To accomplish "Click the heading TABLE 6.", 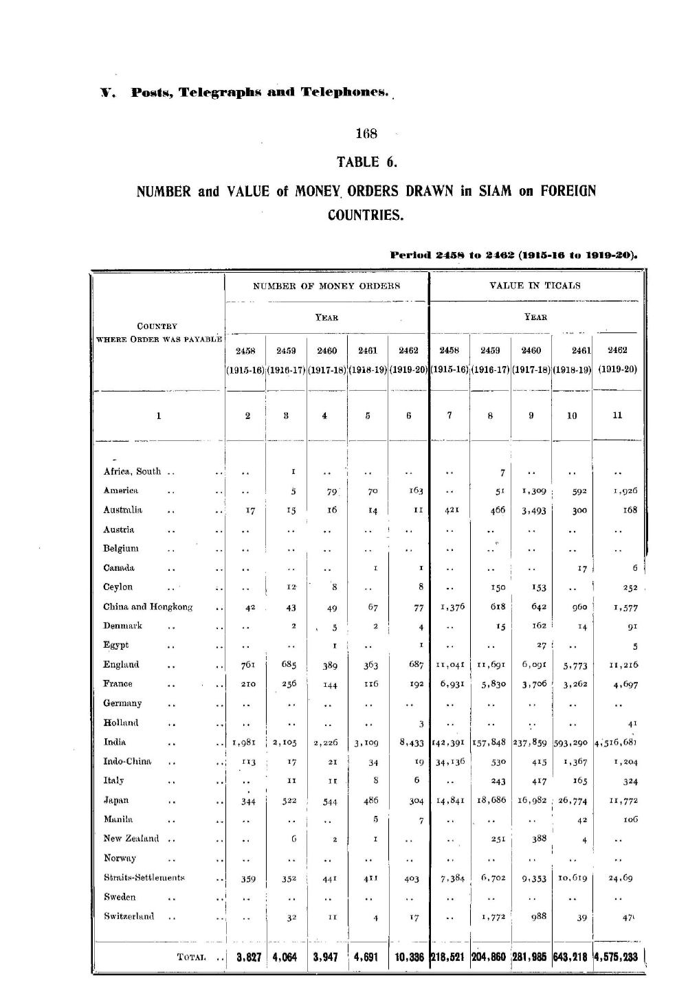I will click(x=367, y=162).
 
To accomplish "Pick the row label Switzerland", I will click(x=129, y=916).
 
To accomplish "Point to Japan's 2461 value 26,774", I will click(x=572, y=801).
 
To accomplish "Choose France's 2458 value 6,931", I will click(x=450, y=684).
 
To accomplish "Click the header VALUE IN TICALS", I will click(x=535, y=286).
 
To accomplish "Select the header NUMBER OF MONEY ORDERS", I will click(x=326, y=286).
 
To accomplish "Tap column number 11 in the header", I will click(x=617, y=415).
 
